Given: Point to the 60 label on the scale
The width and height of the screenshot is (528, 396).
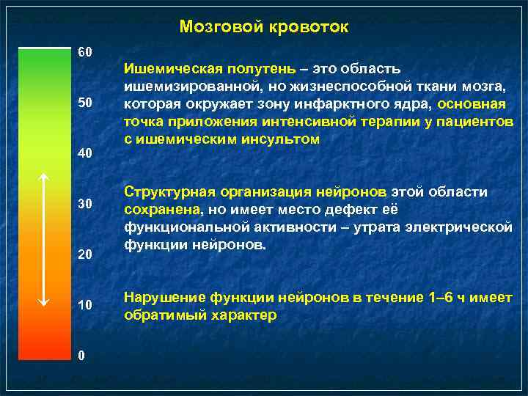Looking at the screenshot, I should (x=86, y=53).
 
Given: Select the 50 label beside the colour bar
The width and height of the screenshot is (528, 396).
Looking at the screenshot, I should (x=86, y=103).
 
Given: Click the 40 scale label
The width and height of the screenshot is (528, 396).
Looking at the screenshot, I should (x=86, y=154).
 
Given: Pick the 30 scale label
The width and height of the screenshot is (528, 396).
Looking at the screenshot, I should (x=86, y=204).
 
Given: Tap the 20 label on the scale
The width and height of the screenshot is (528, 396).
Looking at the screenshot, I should (x=86, y=254).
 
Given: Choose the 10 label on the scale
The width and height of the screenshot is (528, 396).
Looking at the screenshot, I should (x=86, y=304).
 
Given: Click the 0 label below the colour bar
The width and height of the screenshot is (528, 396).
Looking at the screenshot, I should (x=82, y=355).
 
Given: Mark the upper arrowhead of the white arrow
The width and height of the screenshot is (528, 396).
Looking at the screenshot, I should (x=43, y=177).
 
